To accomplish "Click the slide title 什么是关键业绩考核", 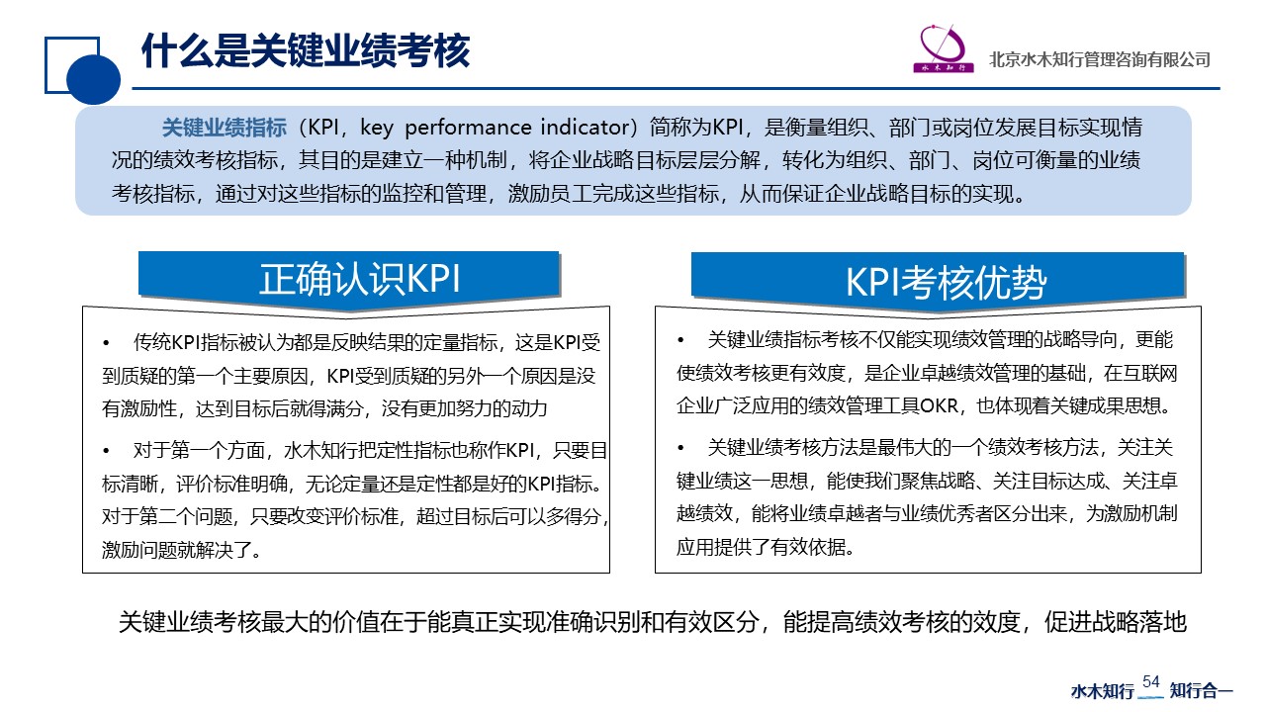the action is [x=306, y=50].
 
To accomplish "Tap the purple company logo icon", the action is [x=944, y=48].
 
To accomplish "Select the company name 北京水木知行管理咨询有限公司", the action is [x=1099, y=59].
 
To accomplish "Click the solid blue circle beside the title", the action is [x=93, y=79].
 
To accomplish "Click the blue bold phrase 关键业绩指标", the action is [x=225, y=128].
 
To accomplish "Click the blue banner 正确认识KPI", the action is [x=349, y=279].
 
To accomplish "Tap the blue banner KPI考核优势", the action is [x=939, y=281].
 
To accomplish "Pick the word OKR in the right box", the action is [x=940, y=405].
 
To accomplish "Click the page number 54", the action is [x=1150, y=681].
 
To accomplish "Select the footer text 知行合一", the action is [x=1201, y=690].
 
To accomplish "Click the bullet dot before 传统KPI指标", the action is [x=106, y=342].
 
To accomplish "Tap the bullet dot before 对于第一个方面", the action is [x=106, y=451].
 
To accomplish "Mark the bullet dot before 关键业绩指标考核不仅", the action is [x=680, y=340].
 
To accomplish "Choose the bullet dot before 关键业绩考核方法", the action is [x=680, y=449].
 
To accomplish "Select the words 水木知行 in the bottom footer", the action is [x=1103, y=690].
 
